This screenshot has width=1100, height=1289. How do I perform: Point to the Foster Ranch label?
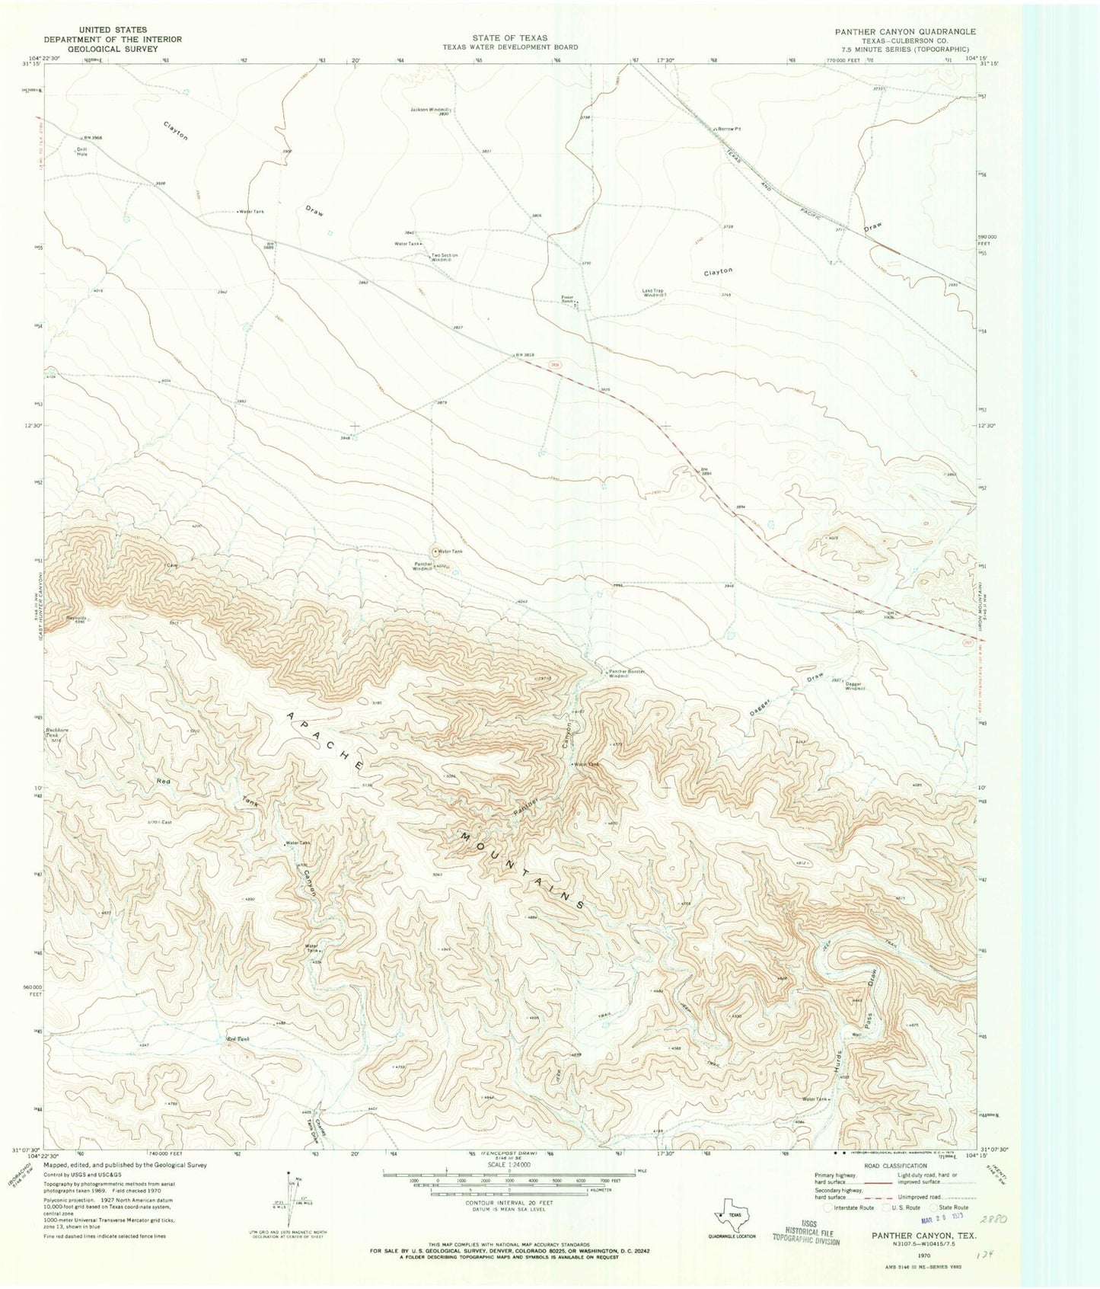[567, 299]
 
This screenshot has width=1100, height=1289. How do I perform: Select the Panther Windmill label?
[422, 566]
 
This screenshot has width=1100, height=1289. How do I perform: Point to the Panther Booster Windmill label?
[627, 673]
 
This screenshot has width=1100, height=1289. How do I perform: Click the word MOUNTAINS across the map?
[521, 871]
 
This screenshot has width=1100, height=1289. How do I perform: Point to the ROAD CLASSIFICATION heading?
[895, 1166]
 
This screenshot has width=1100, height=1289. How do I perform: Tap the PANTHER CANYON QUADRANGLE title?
[904, 32]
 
